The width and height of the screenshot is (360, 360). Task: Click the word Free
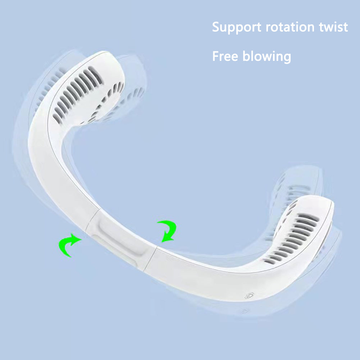(225, 56)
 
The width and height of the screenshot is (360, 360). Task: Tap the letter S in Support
(216, 27)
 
